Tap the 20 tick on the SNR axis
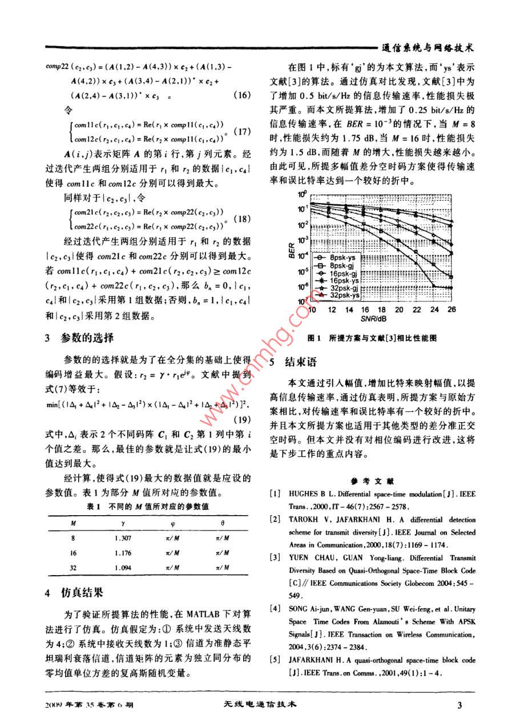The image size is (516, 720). (398, 309)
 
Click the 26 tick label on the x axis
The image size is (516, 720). (451, 309)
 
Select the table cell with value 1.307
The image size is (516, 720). (123, 538)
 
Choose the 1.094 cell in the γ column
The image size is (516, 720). (123, 568)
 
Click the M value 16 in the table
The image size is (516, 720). (72, 553)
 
